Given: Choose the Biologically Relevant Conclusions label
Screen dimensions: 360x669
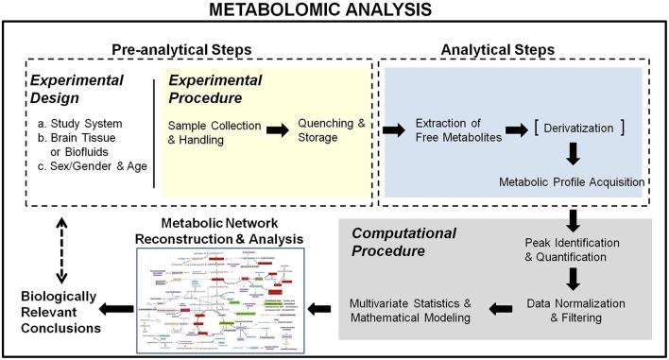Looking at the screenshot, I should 60,312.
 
